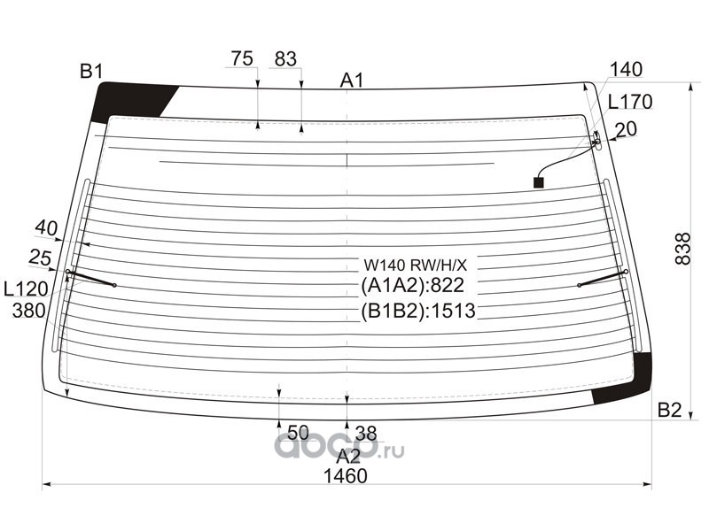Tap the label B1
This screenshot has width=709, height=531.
point(92,72)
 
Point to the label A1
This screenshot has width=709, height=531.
point(352,81)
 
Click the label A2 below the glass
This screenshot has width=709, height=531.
point(348,456)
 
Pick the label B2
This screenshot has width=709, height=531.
point(669,410)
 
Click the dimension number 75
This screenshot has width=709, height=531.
point(242,59)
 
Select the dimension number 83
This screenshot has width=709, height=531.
point(284,59)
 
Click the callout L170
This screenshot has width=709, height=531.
point(631,102)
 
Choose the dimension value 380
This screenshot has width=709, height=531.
point(28,311)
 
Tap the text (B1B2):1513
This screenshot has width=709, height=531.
point(418,310)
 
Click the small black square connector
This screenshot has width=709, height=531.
point(538,182)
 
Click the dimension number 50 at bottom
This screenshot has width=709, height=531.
point(298,433)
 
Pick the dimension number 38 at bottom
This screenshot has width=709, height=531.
point(365,433)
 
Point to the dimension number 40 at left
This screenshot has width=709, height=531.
point(46,227)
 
